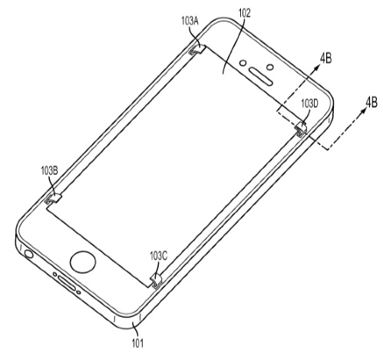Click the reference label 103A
pos(190,21)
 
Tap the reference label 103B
pos(49,171)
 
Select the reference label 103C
pos(159,256)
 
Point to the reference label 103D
pos(309,104)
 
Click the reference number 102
pos(244,13)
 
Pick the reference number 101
pos(137,343)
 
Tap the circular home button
pos(83,263)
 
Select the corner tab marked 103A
pos(197,50)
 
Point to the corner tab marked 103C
pos(156,281)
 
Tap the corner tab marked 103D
pos(301,129)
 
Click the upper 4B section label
pos(325,58)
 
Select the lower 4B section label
pos(371,102)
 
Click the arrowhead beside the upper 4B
pos(317,67)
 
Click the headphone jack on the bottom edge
pos(28,254)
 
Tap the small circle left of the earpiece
pos(243,62)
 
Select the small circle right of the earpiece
pos(270,67)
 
